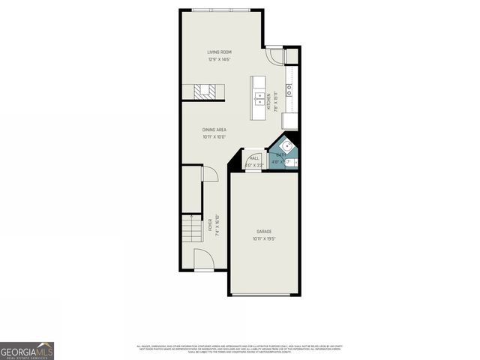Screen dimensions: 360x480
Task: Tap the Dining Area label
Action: pyautogui.click(x=214, y=130)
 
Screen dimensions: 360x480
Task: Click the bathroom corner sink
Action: pyautogui.click(x=286, y=147)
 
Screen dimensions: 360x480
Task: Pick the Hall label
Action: pyautogui.click(x=254, y=157)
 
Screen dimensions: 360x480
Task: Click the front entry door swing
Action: pyautogui.click(x=202, y=260)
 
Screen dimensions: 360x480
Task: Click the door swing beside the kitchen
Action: pyautogui.click(x=277, y=56)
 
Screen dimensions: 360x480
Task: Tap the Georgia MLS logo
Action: pyautogui.click(x=27, y=350)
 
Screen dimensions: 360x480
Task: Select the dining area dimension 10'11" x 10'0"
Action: pyautogui.click(x=214, y=137)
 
